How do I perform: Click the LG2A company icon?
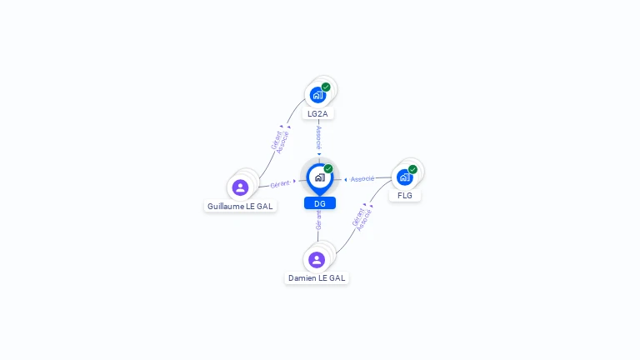click(x=317, y=94)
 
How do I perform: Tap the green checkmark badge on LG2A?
click(x=326, y=87)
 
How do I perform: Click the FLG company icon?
click(x=404, y=177)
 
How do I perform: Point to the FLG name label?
click(x=405, y=196)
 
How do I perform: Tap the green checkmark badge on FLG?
click(x=412, y=169)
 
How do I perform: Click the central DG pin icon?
click(x=319, y=177)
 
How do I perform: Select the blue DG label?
click(x=320, y=203)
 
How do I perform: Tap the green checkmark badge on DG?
click(x=328, y=168)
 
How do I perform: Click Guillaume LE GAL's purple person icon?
click(x=241, y=187)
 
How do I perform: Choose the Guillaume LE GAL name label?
click(x=240, y=206)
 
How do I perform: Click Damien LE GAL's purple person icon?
click(x=317, y=259)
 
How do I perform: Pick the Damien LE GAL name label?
click(x=317, y=277)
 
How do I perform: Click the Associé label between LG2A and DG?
click(x=319, y=137)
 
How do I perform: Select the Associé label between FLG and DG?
click(x=362, y=179)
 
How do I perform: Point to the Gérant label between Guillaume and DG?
click(x=280, y=182)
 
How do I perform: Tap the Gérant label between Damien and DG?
click(x=318, y=220)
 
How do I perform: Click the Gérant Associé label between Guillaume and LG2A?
click(x=281, y=139)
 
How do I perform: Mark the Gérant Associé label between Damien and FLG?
click(x=362, y=217)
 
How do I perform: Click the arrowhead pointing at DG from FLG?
click(x=346, y=180)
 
